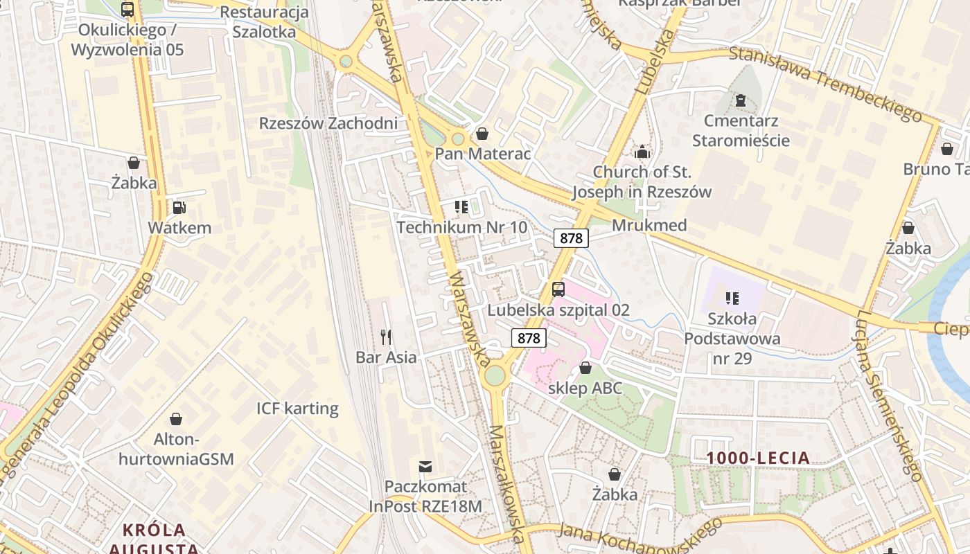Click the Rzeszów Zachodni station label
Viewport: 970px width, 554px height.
(328, 123)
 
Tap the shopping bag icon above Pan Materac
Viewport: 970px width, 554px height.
(482, 134)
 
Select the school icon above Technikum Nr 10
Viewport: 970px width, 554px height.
(461, 207)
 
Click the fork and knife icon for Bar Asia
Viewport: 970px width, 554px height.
(386, 337)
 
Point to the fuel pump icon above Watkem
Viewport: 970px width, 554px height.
(179, 207)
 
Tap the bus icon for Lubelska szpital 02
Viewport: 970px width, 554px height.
(558, 289)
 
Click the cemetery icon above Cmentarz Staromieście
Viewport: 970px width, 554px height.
(741, 100)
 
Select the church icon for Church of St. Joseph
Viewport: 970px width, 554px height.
(642, 151)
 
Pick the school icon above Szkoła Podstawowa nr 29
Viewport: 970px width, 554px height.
(732, 298)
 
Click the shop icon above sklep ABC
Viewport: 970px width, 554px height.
(585, 368)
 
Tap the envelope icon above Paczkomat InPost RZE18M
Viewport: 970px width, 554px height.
(425, 467)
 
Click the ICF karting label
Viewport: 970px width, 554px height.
(297, 409)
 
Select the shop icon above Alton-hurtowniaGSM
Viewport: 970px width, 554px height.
(176, 419)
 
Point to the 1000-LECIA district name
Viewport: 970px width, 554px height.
(758, 458)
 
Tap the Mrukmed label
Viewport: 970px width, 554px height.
(649, 225)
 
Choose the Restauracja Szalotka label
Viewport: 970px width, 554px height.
(264, 22)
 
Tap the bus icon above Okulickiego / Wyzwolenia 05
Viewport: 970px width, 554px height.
(127, 10)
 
